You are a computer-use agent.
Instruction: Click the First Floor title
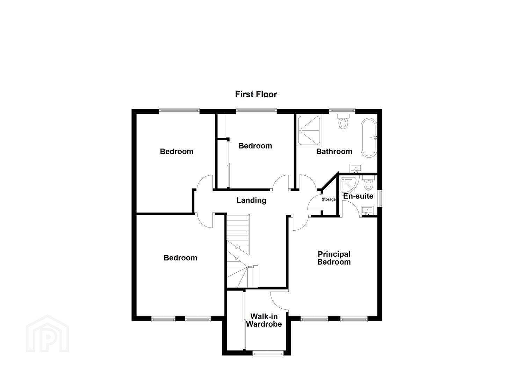tap(256, 94)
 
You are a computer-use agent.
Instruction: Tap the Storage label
tap(329, 199)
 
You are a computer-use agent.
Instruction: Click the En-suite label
tap(358, 196)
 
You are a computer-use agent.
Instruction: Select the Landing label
tap(251, 201)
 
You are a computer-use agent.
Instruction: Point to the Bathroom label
tap(334, 152)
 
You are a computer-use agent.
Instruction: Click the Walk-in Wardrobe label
tap(264, 320)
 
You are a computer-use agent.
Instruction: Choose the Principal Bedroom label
tap(334, 258)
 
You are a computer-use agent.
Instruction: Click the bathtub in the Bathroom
tap(369, 138)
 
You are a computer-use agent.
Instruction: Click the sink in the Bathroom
tap(356, 168)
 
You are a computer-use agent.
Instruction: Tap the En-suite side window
tap(380, 198)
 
